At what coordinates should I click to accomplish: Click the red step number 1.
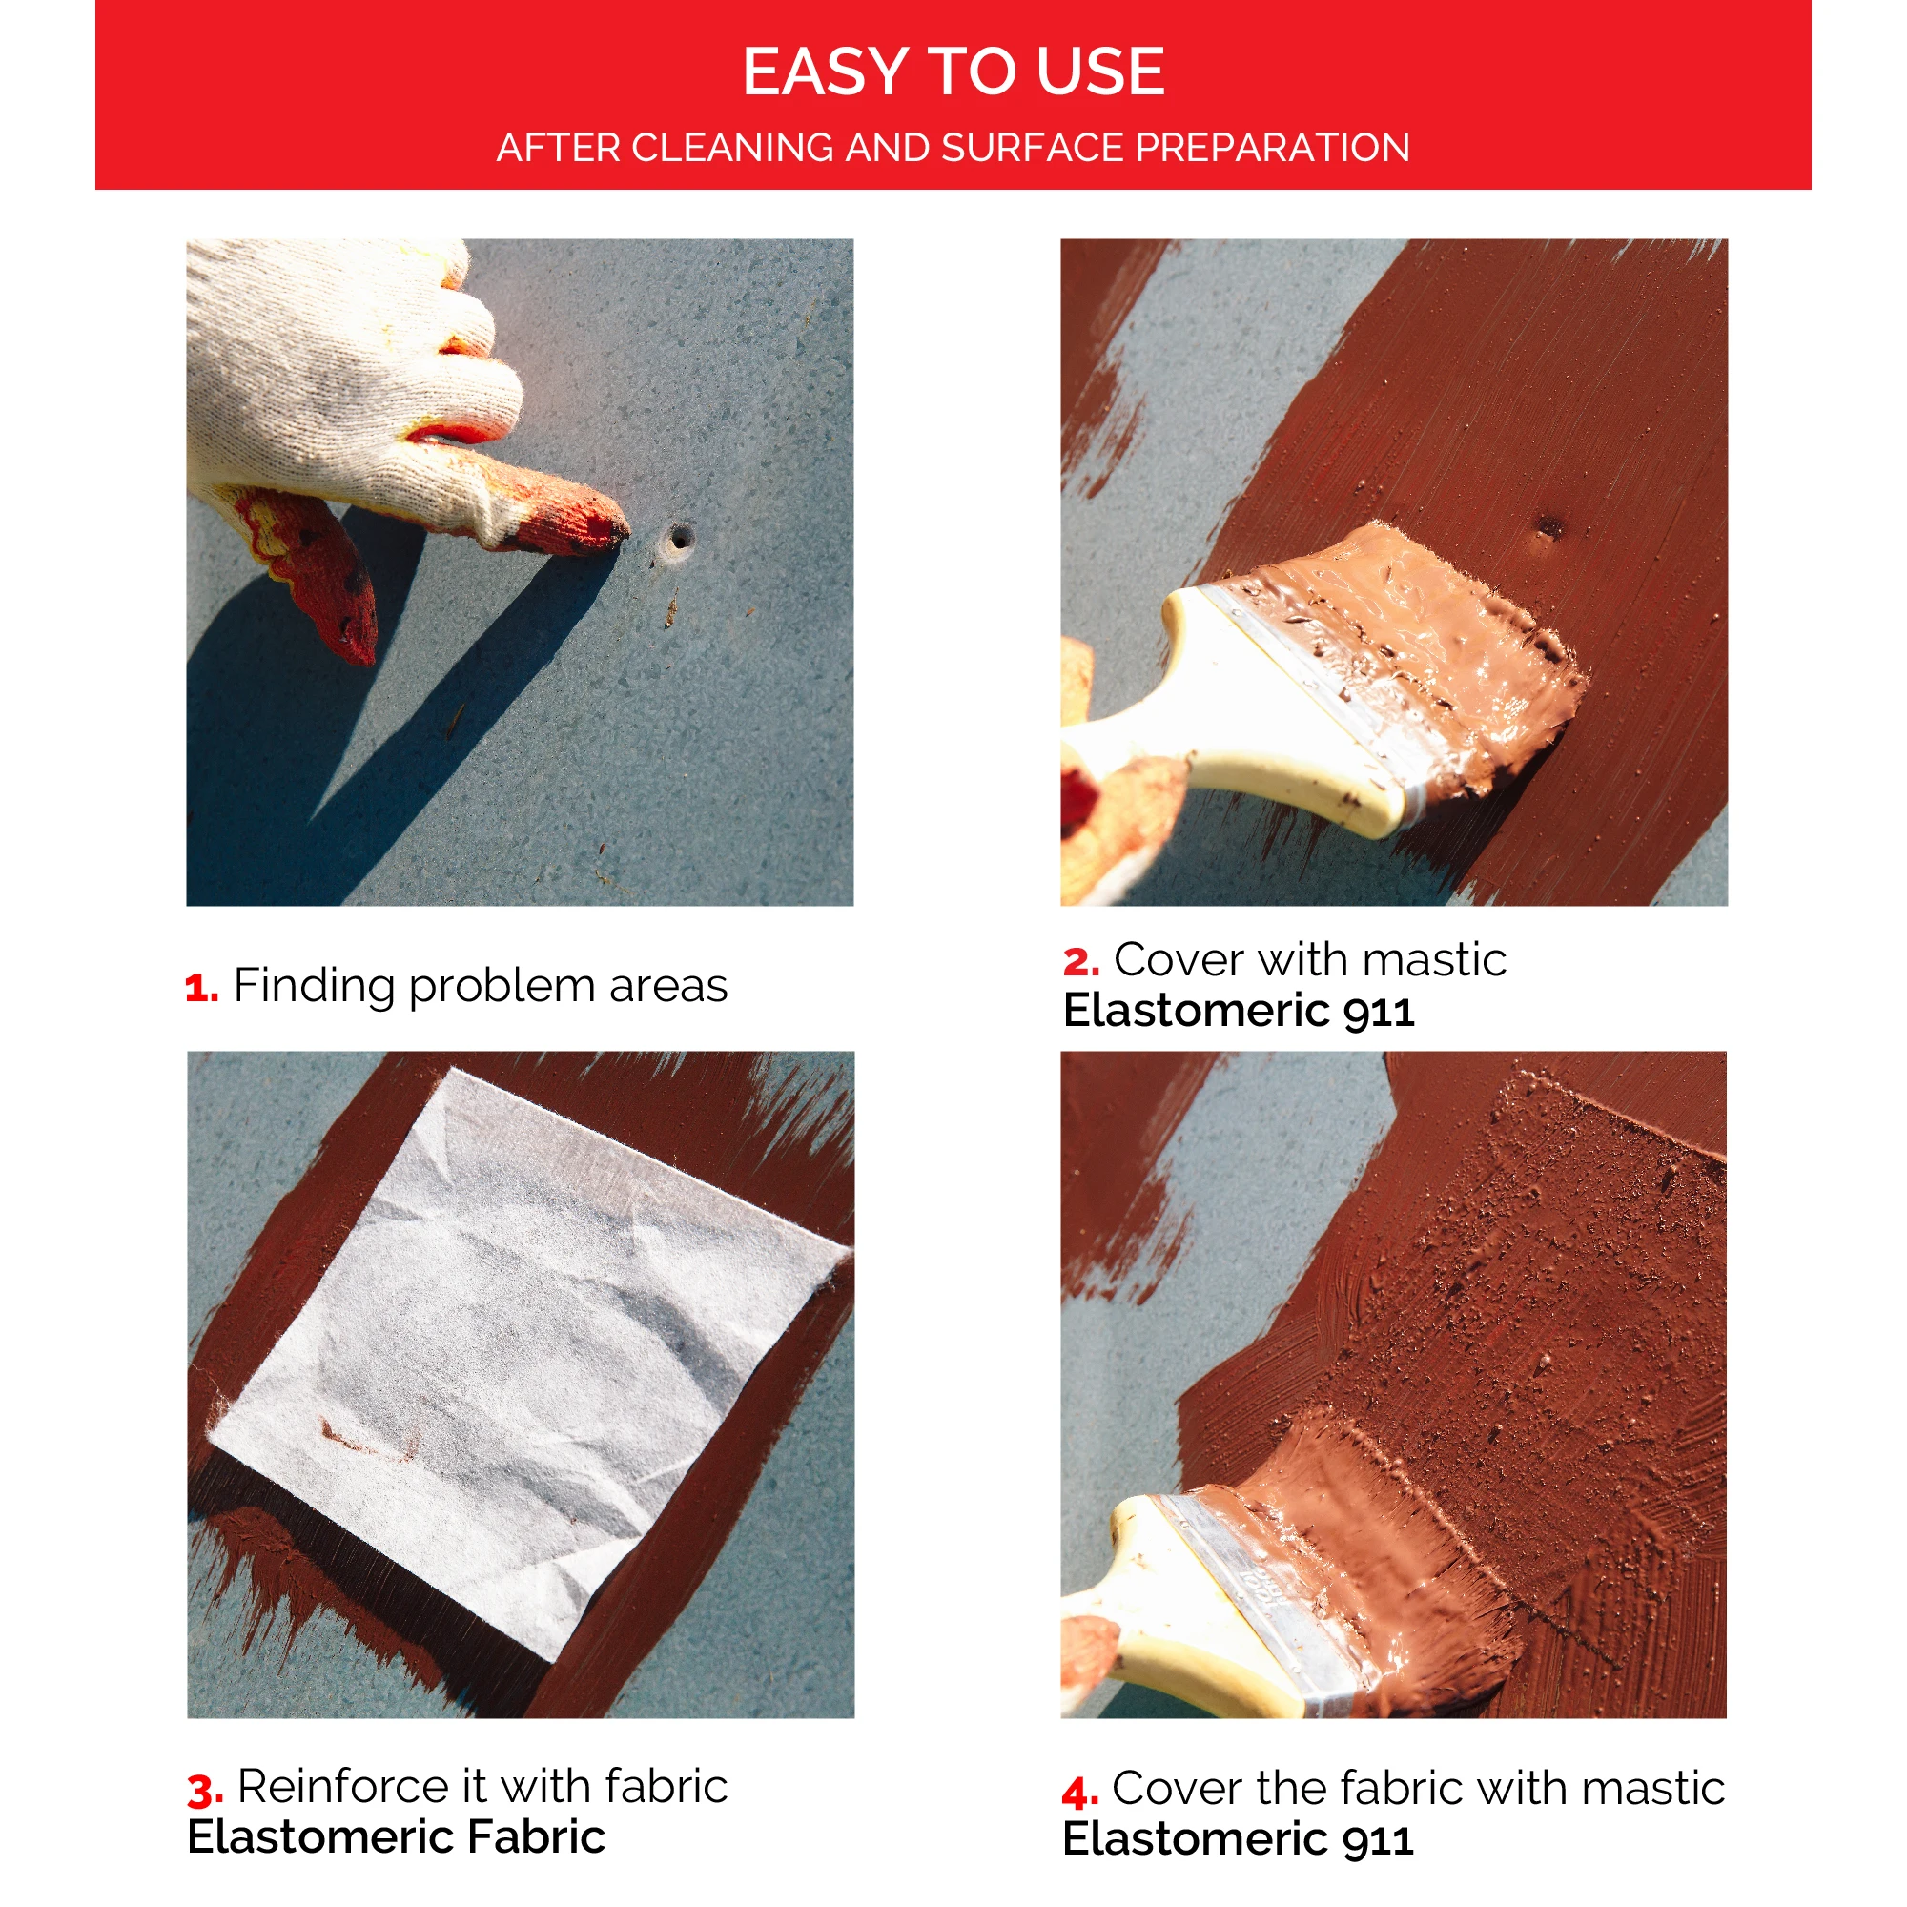[x=200, y=988]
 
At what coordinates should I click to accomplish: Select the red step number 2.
[x=1080, y=962]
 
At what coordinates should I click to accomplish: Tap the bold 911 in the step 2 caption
[x=1378, y=1012]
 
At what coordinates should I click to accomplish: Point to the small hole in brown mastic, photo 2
[x=1549, y=526]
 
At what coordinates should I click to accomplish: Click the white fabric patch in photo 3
[x=523, y=1363]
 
